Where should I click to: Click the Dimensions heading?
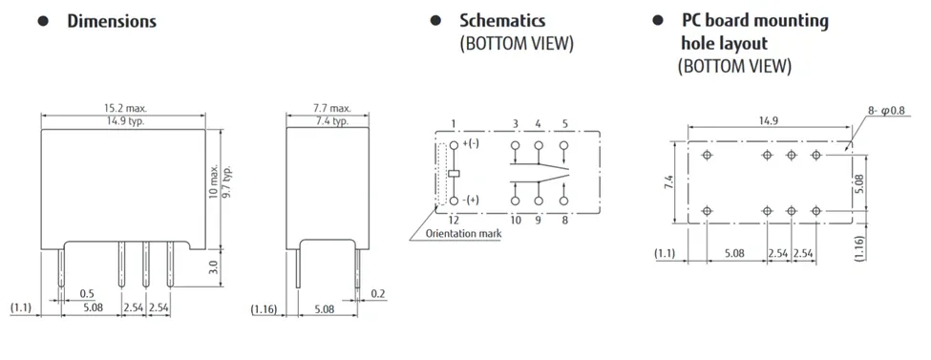111,21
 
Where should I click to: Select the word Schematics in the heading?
502,20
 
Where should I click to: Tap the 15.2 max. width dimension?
124,109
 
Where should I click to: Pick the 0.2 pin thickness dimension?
378,293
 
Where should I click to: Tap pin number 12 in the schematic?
453,220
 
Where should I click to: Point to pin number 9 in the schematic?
539,220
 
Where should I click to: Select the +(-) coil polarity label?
472,144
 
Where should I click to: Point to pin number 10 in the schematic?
515,220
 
